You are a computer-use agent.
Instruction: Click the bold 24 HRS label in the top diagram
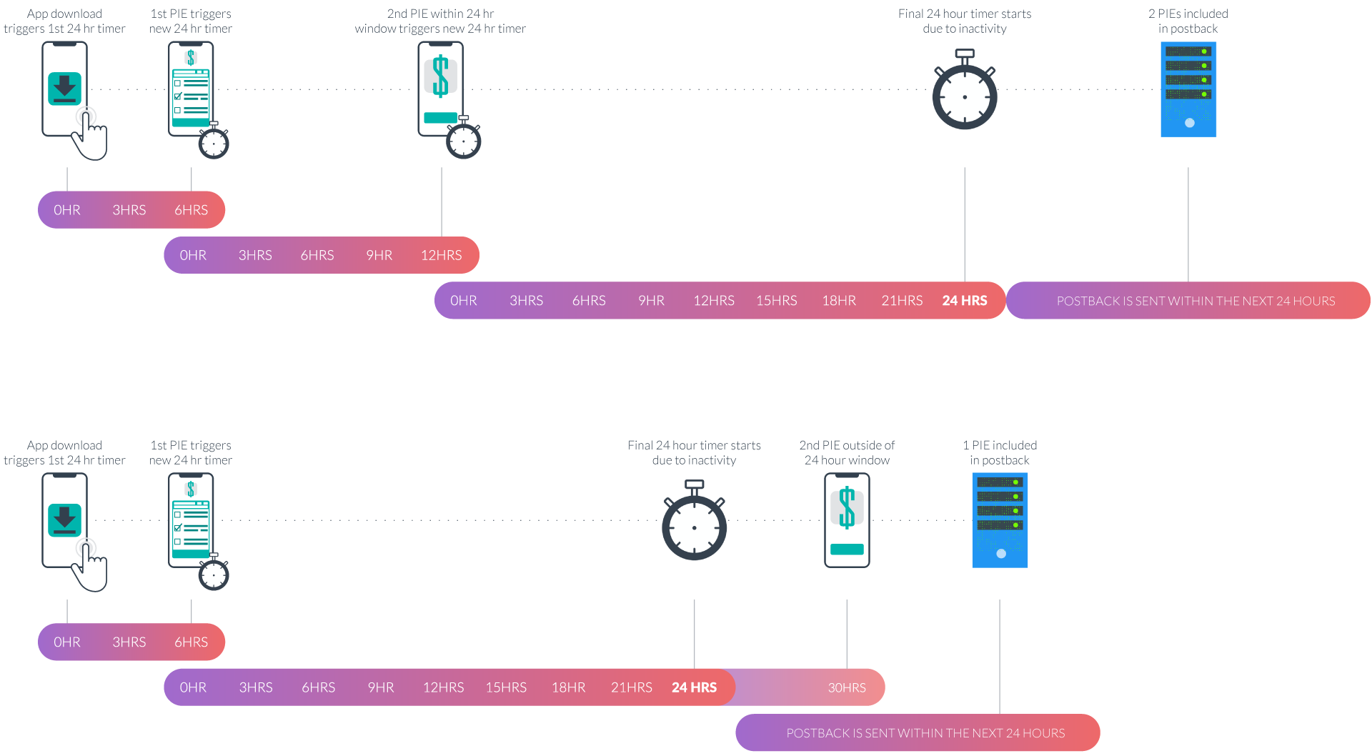point(964,301)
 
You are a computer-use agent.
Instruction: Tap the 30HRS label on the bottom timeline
point(847,687)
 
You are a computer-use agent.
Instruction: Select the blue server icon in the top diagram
point(1188,89)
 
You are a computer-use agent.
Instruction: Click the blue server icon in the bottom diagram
point(1000,520)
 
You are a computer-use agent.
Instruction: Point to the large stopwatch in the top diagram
point(964,94)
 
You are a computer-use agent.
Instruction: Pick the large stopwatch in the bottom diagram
point(694,525)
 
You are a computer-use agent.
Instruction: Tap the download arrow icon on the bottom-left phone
point(64,519)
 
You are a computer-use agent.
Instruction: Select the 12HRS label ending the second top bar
point(441,255)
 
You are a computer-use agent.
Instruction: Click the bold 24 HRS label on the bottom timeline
point(694,687)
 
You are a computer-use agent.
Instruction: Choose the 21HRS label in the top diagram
point(902,301)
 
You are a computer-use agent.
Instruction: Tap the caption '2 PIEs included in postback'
point(1188,21)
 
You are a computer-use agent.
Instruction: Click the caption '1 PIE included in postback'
point(1000,452)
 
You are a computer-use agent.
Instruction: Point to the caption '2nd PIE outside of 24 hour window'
point(847,452)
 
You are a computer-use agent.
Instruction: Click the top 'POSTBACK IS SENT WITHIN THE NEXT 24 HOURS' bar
point(1195,301)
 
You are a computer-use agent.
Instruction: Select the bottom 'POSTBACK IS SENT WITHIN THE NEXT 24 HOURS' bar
point(925,733)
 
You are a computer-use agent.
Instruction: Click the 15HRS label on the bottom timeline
point(506,687)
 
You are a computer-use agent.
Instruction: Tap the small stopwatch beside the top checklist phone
point(213,142)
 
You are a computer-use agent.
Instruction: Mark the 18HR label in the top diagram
point(839,301)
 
